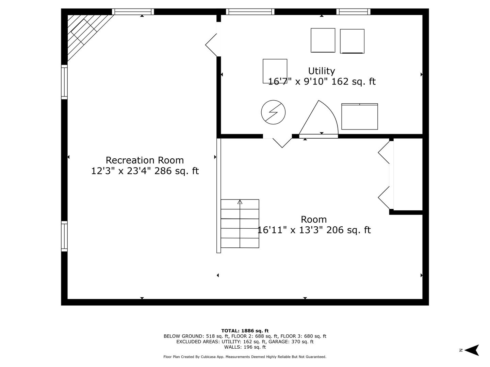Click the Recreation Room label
tap(145, 160)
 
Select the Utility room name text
tap(322, 71)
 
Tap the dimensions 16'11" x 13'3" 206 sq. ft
tap(314, 230)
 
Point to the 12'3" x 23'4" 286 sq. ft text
tap(145, 171)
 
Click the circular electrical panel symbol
tap(273, 112)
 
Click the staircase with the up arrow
tap(240, 224)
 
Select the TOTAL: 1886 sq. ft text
tap(245, 331)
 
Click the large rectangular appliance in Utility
tap(360, 117)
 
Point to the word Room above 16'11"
tap(314, 219)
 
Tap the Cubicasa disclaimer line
tap(245, 357)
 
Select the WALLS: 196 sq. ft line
tap(245, 347)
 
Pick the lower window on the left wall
tap(64, 236)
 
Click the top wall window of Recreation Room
tap(133, 12)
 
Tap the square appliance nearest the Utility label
tap(275, 71)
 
